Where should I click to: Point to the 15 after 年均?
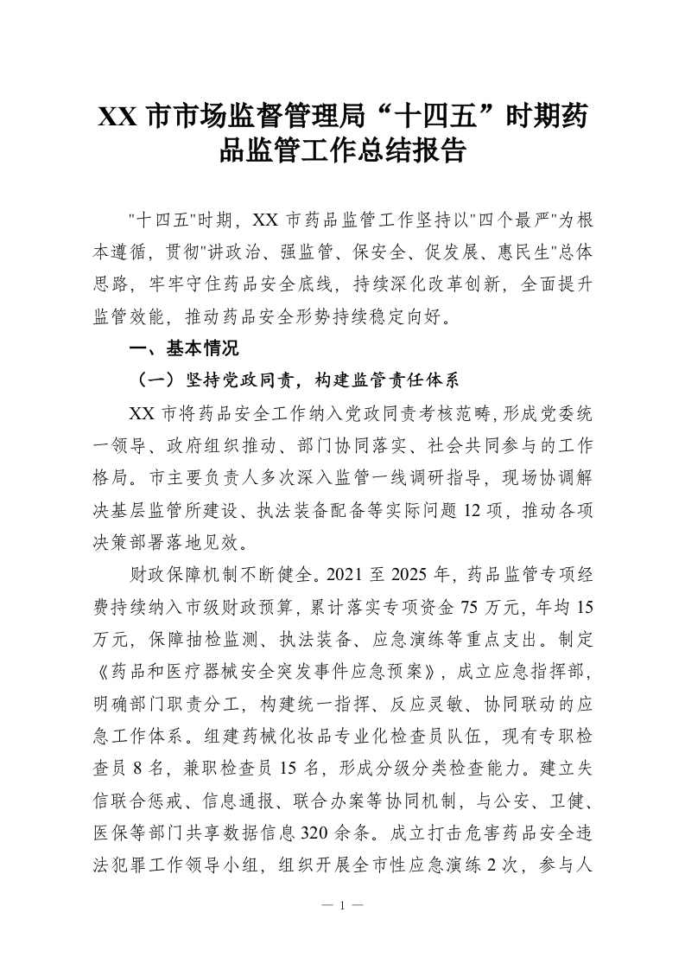click(x=585, y=604)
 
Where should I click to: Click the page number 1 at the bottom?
click(x=343, y=907)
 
